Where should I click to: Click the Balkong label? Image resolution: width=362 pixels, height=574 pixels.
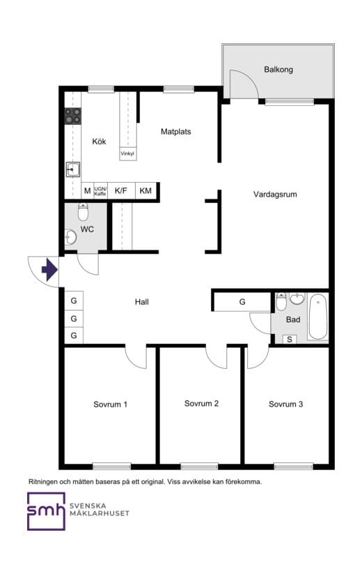pos(278,70)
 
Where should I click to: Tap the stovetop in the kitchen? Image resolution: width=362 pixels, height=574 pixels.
pos(72,115)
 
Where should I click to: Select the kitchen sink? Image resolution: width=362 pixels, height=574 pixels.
pos(72,169)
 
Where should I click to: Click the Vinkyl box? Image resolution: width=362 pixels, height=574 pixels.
pos(127,153)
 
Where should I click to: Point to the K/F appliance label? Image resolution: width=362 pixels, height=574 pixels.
pos(121,190)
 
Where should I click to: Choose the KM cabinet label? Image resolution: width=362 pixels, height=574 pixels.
pos(145,190)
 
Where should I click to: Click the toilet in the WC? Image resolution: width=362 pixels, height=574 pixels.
pos(84,211)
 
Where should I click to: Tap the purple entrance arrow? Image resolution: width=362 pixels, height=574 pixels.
pos(49,271)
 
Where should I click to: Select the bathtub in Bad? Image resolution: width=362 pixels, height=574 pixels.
pos(318,317)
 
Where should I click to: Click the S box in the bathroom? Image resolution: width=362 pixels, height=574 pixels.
pos(290,340)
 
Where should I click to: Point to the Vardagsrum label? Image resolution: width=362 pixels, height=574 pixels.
pos(275,195)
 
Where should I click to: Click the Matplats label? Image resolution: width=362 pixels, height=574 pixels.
pos(175,132)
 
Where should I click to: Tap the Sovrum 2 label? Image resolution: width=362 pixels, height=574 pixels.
pos(201,403)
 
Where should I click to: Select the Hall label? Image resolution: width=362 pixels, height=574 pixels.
pos(142,302)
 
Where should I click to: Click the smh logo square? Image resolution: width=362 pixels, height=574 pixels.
pos(46,511)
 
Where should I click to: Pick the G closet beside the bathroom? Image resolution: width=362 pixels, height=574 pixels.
pos(242,302)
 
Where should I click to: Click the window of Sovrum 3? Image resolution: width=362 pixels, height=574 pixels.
pos(294,467)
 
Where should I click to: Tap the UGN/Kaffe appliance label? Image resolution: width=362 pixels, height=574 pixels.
pos(100,191)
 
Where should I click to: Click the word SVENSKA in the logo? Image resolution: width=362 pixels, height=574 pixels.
pos(88,506)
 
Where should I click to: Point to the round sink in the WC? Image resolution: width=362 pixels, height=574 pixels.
pos(70,238)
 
